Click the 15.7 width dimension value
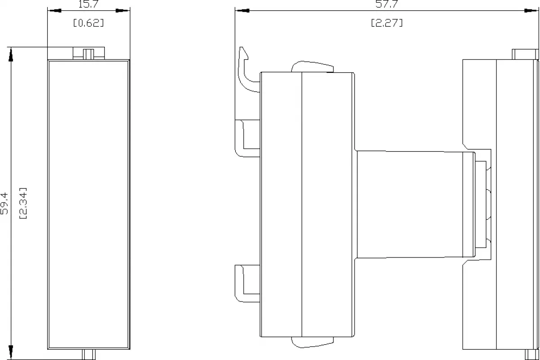click(x=89, y=4)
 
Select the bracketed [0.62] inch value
click(x=89, y=23)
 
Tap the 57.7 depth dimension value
click(x=387, y=4)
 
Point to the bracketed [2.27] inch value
click(x=387, y=23)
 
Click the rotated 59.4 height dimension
click(x=4, y=203)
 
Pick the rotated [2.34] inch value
click(x=23, y=203)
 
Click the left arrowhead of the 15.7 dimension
click(x=54, y=11)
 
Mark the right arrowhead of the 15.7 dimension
click(x=123, y=11)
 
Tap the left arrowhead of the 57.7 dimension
click(x=242, y=11)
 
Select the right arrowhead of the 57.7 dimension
click(x=531, y=11)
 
